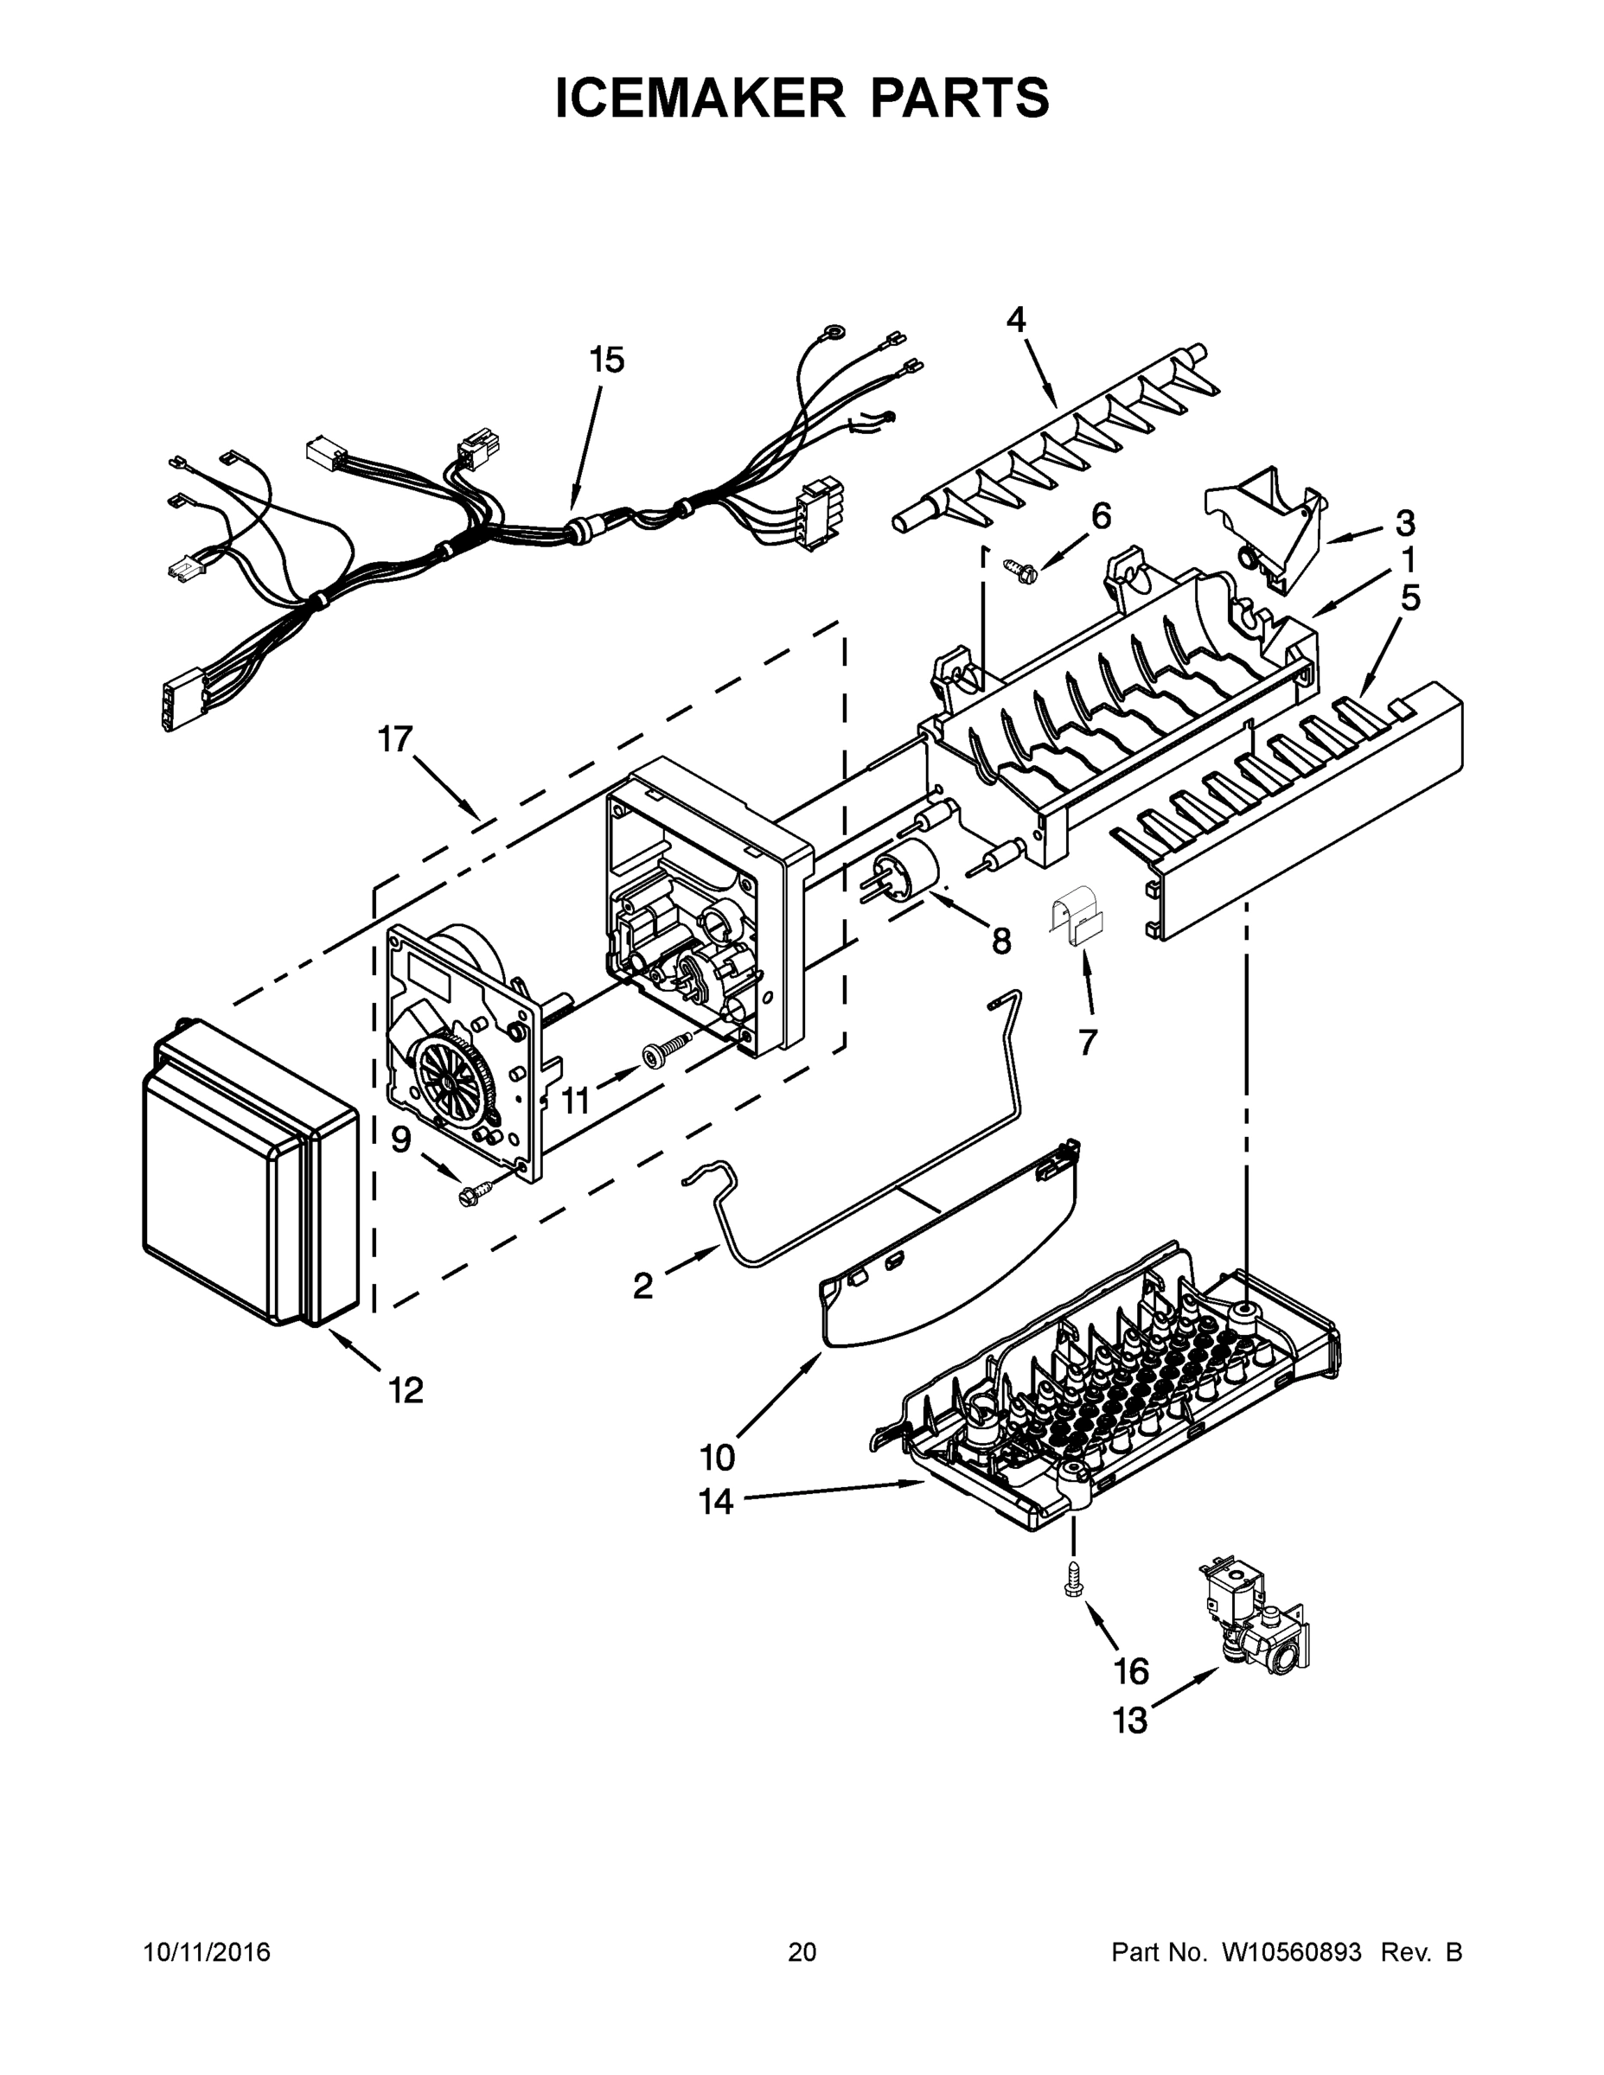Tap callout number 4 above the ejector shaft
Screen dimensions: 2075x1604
pos(1016,320)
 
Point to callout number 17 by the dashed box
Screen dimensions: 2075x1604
pos(395,738)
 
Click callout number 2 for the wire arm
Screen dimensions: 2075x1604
pos(643,1286)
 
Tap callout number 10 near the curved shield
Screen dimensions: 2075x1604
pos(718,1457)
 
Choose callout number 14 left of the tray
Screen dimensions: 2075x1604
pos(717,1502)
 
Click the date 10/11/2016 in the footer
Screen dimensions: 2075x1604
pos(208,1952)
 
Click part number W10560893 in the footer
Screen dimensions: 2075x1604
pos(1290,1952)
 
